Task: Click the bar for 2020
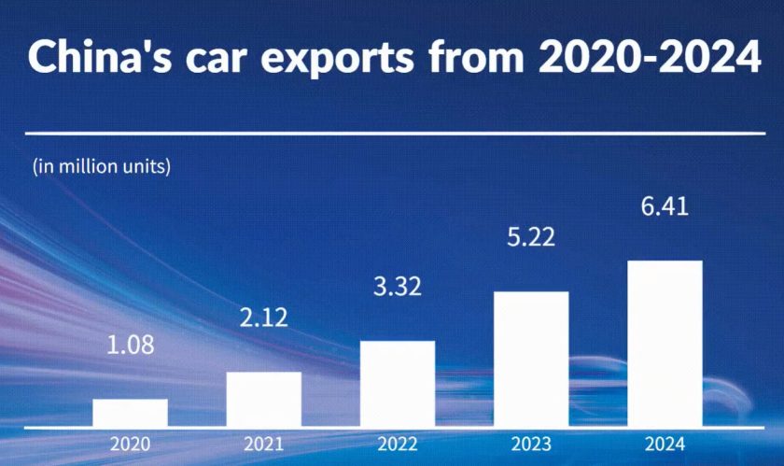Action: [130, 412]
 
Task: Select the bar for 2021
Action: [264, 399]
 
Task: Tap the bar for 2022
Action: [398, 383]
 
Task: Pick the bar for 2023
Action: [531, 359]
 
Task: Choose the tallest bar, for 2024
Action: [665, 343]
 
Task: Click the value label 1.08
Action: [130, 345]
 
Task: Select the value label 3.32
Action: [398, 286]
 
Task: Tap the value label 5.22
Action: [531, 236]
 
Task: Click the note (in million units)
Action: [102, 168]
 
